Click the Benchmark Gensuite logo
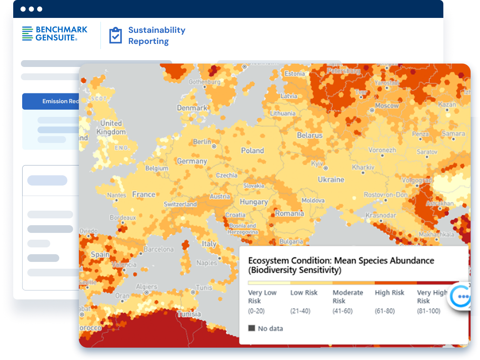(x=55, y=34)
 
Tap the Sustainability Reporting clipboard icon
(x=115, y=36)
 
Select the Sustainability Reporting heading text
(x=156, y=36)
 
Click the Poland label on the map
(x=252, y=151)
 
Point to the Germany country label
(x=192, y=161)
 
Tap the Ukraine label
(x=331, y=180)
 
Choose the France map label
(x=144, y=195)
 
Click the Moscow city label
(x=387, y=105)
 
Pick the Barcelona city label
(x=159, y=249)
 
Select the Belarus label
(x=309, y=135)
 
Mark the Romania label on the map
(x=289, y=213)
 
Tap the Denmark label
(x=192, y=108)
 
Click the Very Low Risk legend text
(x=262, y=296)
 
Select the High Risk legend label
(x=389, y=293)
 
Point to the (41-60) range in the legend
(x=342, y=311)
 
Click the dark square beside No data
(x=252, y=328)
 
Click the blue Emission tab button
(x=51, y=101)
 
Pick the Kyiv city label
(x=317, y=164)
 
